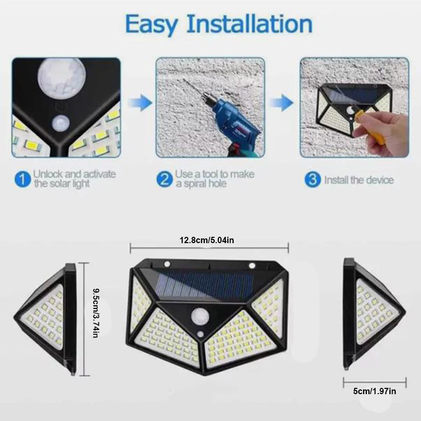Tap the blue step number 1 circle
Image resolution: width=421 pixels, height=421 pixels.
(22, 179)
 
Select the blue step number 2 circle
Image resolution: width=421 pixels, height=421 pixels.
(165, 179)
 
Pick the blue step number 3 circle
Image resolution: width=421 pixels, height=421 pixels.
(313, 180)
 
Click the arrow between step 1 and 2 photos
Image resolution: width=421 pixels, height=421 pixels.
(139, 102)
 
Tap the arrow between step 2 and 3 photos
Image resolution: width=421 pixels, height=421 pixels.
(285, 102)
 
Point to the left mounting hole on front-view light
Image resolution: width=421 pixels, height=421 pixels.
(167, 264)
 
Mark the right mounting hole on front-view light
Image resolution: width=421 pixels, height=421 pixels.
(252, 265)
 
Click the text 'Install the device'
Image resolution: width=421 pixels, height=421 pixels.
(358, 180)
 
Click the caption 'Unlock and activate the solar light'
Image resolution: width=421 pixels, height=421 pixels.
(74, 178)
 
